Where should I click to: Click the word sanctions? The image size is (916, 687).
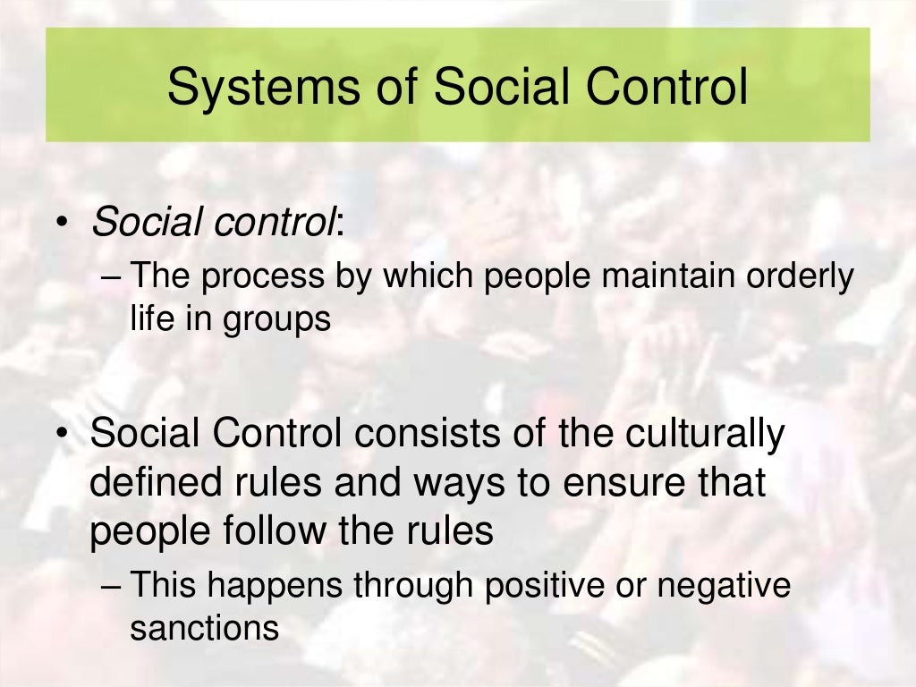[205, 628]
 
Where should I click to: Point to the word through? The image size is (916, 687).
[412, 587]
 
